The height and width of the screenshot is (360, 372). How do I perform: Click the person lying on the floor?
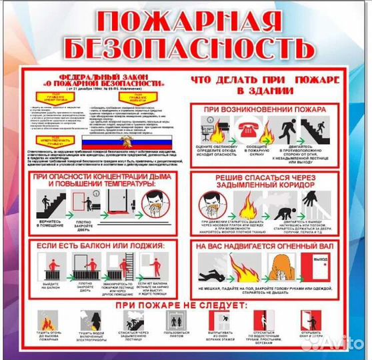pos(215,271)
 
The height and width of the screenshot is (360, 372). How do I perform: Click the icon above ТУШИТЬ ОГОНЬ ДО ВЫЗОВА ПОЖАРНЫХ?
pos(47,321)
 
